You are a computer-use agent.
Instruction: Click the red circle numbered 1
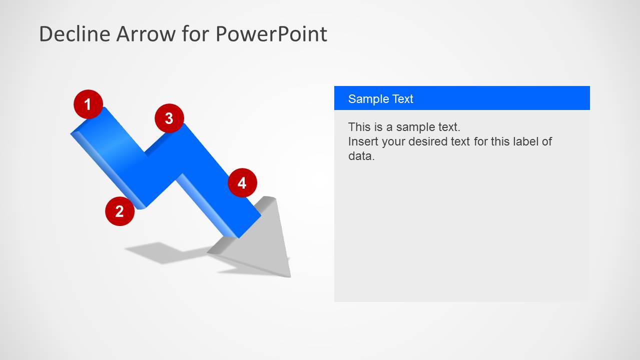(88, 104)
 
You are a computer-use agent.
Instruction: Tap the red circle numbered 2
(120, 211)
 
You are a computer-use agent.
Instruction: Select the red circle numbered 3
(169, 118)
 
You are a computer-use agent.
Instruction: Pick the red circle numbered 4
(242, 182)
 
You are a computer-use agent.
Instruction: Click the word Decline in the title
(75, 34)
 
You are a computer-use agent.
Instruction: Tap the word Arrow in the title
(146, 34)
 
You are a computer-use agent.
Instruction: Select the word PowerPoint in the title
(271, 34)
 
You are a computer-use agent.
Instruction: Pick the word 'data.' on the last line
(361, 156)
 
